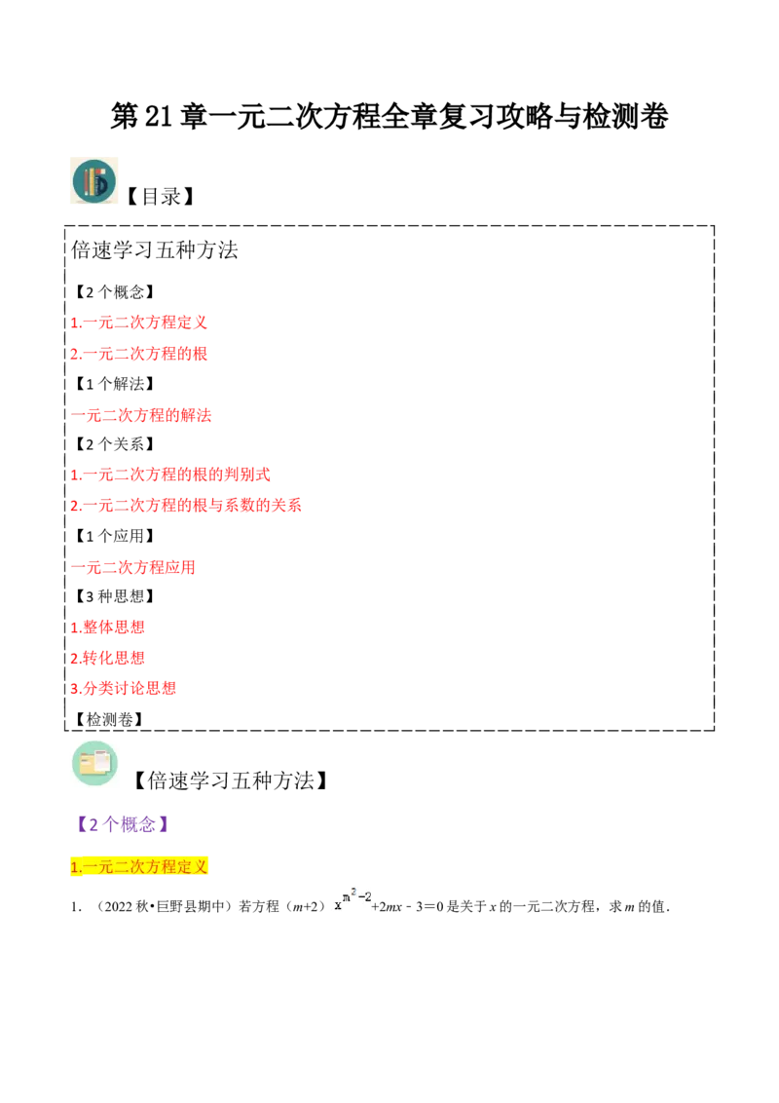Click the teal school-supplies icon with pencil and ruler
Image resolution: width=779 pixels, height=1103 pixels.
93,182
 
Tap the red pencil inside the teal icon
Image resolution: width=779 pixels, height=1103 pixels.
88,182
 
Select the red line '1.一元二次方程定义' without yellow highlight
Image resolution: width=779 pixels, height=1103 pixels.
139,323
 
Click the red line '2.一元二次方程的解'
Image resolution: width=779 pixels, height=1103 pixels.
139,354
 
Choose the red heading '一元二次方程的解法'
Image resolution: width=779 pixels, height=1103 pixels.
142,416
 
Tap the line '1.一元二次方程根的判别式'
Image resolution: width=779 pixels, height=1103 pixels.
170,475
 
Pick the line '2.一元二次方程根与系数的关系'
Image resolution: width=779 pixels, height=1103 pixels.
186,505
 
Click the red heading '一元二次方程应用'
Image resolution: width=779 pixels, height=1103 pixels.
133,567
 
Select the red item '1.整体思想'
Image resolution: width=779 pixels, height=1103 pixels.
108,628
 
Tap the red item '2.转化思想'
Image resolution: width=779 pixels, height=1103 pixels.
108,659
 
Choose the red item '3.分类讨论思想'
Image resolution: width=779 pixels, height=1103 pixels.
124,689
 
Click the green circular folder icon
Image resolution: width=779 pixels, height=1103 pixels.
94,763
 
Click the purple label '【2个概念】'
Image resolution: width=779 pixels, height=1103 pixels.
124,823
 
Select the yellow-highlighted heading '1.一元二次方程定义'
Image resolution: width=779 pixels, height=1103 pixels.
139,866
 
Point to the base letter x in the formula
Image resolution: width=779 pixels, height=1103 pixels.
338,904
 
